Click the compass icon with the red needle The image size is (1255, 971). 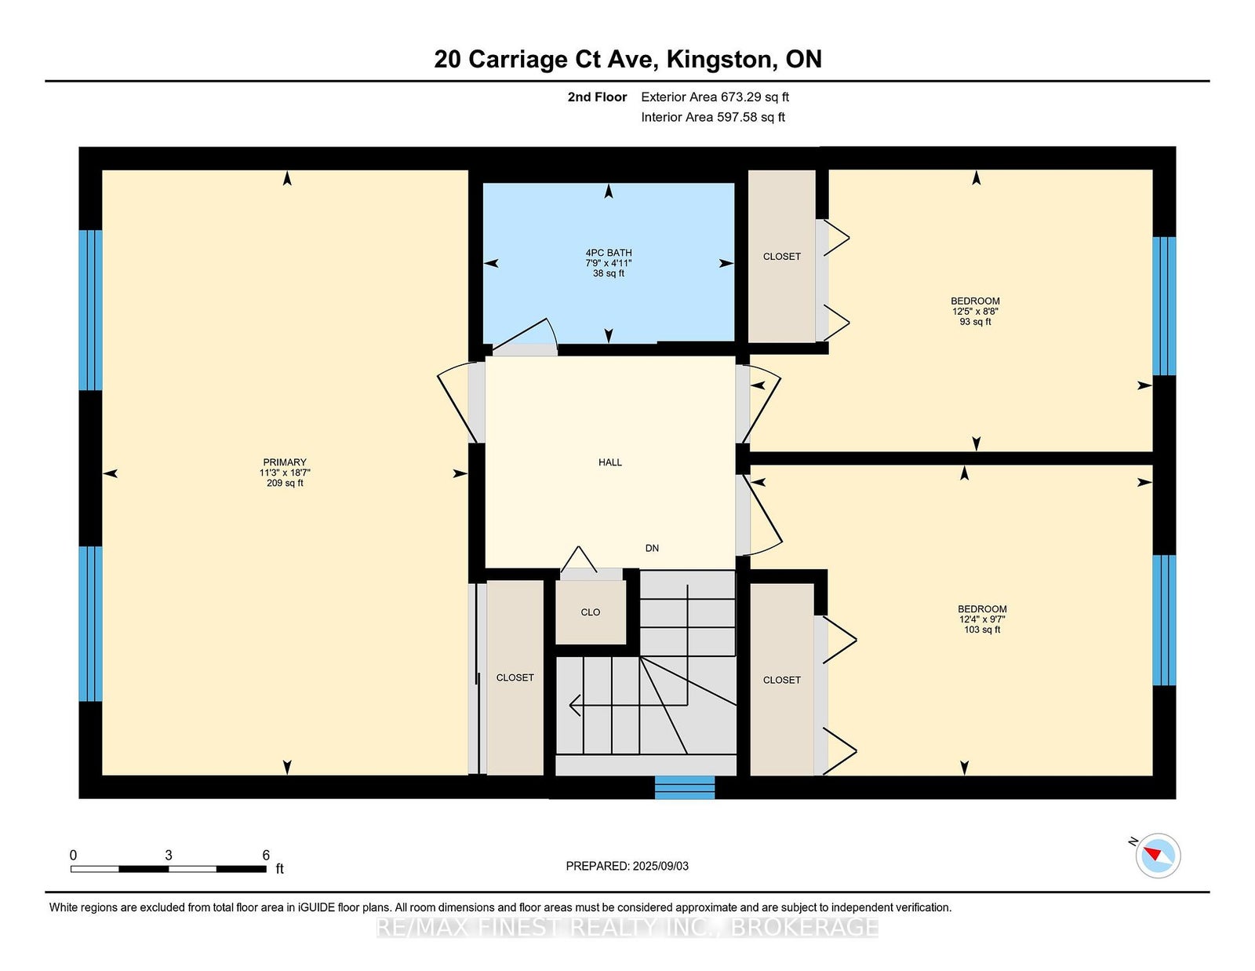pyautogui.click(x=1158, y=856)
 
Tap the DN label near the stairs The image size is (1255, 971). pyautogui.click(x=652, y=548)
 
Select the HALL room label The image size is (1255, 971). pyautogui.click(x=610, y=462)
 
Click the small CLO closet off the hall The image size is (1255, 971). pyautogui.click(x=591, y=612)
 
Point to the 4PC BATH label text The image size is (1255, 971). pyautogui.click(x=608, y=253)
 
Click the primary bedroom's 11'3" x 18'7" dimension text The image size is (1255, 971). pyautogui.click(x=285, y=473)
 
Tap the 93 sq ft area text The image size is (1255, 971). pyautogui.click(x=975, y=322)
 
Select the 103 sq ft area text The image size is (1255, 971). pyautogui.click(x=982, y=630)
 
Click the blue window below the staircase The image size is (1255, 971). pyautogui.click(x=685, y=787)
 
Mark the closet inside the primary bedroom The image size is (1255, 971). pyautogui.click(x=515, y=677)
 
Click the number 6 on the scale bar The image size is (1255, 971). pyautogui.click(x=266, y=855)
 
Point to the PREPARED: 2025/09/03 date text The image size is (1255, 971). pyautogui.click(x=627, y=866)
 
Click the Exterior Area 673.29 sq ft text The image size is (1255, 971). pyautogui.click(x=715, y=97)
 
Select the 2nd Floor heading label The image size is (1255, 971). pyautogui.click(x=597, y=97)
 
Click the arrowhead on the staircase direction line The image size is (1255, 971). pyautogui.click(x=575, y=705)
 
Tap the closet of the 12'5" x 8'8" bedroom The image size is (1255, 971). pyautogui.click(x=781, y=256)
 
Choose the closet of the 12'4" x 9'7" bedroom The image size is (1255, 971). pyautogui.click(x=781, y=680)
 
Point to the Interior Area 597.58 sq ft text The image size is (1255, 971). pyautogui.click(x=713, y=117)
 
